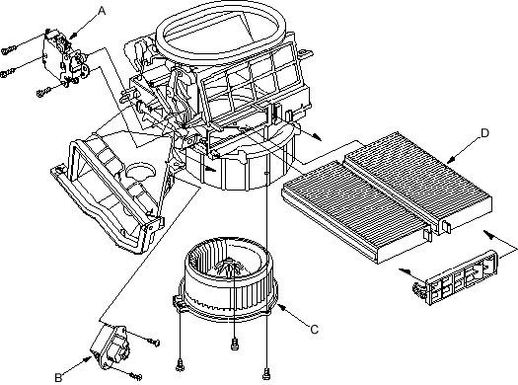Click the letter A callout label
(102, 11)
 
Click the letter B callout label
(58, 377)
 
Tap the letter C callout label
(315, 329)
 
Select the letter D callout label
(484, 133)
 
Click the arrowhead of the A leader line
(74, 35)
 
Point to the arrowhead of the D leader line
(451, 160)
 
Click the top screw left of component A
(8, 50)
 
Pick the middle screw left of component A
(8, 73)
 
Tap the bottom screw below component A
(43, 92)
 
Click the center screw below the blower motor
(235, 343)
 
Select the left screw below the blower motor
(180, 365)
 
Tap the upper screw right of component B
(154, 342)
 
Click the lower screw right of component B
(136, 375)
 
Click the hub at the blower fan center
(229, 266)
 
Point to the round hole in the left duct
(140, 170)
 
